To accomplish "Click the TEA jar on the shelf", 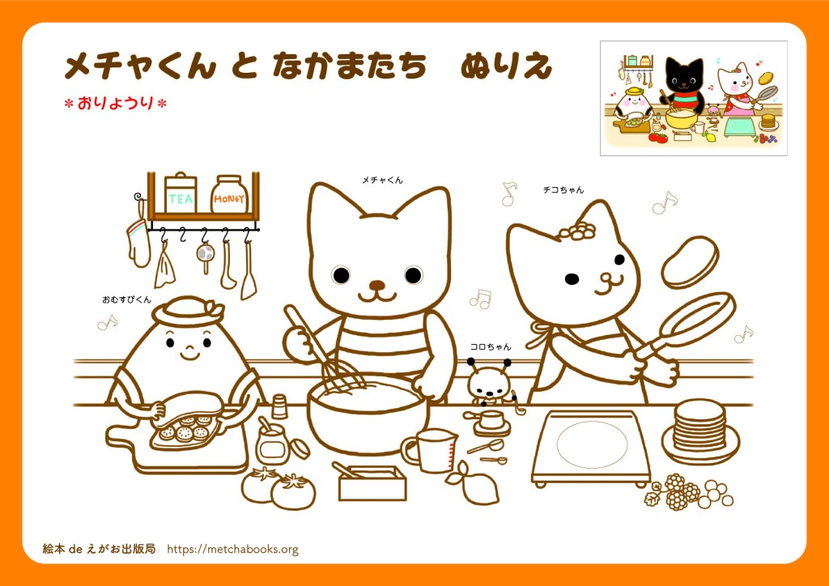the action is click(x=181, y=193).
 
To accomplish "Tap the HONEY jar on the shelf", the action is click(x=229, y=194).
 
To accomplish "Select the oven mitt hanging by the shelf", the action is click(x=138, y=242).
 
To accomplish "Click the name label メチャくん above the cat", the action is click(x=382, y=180).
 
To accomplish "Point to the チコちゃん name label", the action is click(x=563, y=190).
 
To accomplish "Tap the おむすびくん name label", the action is click(x=127, y=299).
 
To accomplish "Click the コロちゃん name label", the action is click(x=491, y=346).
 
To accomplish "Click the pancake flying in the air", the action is click(x=690, y=262).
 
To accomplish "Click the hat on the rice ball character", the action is click(x=189, y=312).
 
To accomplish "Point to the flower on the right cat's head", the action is click(x=581, y=231).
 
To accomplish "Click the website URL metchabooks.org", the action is click(x=232, y=550).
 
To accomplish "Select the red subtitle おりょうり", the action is click(x=115, y=103).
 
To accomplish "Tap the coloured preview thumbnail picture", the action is click(x=694, y=98).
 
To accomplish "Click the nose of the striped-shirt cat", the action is click(x=377, y=286).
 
